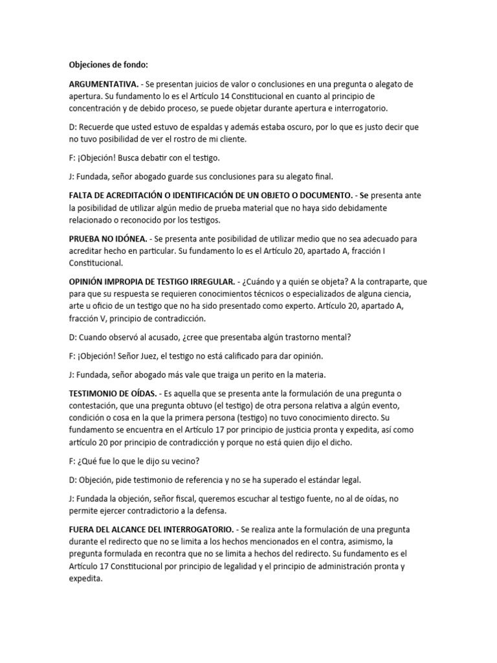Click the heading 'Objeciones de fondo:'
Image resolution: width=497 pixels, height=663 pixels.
tap(109, 65)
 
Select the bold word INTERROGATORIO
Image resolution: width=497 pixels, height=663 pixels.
tap(186, 529)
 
